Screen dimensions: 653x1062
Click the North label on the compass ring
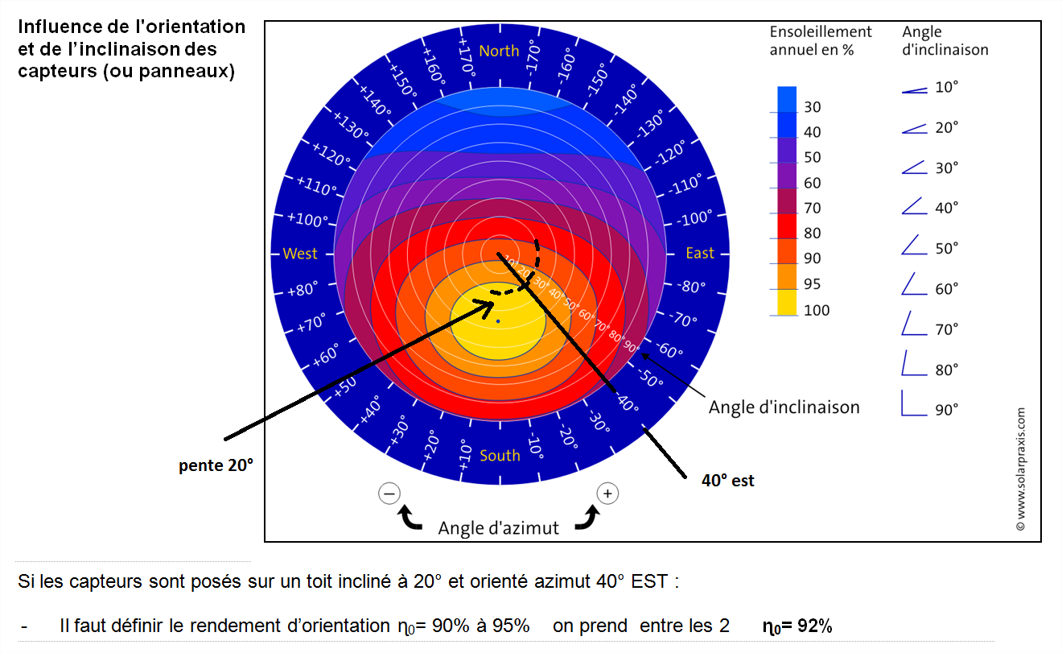(499, 51)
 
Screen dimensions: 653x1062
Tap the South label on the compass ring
(500, 456)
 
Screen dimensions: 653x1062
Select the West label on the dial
(300, 254)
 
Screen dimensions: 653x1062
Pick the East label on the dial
(699, 254)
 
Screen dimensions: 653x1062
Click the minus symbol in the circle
(389, 493)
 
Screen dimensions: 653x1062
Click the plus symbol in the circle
(607, 493)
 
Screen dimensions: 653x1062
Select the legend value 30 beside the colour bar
(813, 107)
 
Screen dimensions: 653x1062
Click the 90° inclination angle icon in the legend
(914, 403)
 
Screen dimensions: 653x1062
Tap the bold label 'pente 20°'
(216, 465)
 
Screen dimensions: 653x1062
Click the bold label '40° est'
(728, 481)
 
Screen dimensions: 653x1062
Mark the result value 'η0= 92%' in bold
(796, 626)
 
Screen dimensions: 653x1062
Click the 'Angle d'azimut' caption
(498, 528)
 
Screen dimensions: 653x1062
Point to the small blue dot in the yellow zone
(498, 321)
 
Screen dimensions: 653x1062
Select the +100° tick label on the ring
(309, 220)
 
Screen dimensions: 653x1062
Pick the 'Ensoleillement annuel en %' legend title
(821, 40)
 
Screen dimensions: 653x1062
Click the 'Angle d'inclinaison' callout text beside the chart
(784, 407)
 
